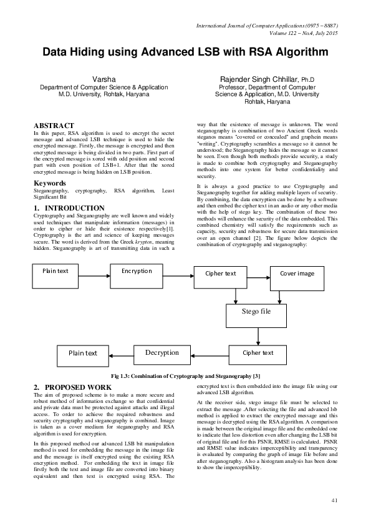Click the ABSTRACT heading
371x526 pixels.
[x=54, y=126]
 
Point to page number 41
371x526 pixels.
[x=334, y=500]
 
